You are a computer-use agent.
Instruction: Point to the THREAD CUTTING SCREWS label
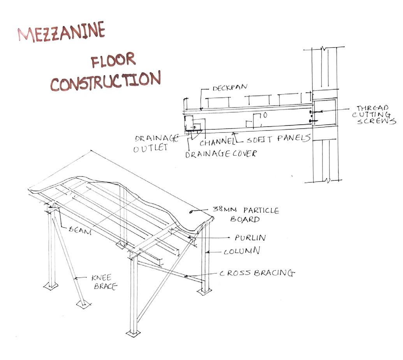click(374, 115)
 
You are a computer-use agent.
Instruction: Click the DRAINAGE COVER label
click(221, 154)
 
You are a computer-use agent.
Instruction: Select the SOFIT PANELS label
click(278, 138)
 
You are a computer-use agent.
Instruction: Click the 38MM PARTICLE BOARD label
click(246, 215)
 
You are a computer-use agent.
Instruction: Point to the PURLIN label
click(250, 237)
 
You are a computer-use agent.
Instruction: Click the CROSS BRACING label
click(257, 273)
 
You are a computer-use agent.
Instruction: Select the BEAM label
click(80, 231)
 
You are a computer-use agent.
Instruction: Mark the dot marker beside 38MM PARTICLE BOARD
click(191, 212)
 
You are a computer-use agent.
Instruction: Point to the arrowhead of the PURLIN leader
click(189, 237)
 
